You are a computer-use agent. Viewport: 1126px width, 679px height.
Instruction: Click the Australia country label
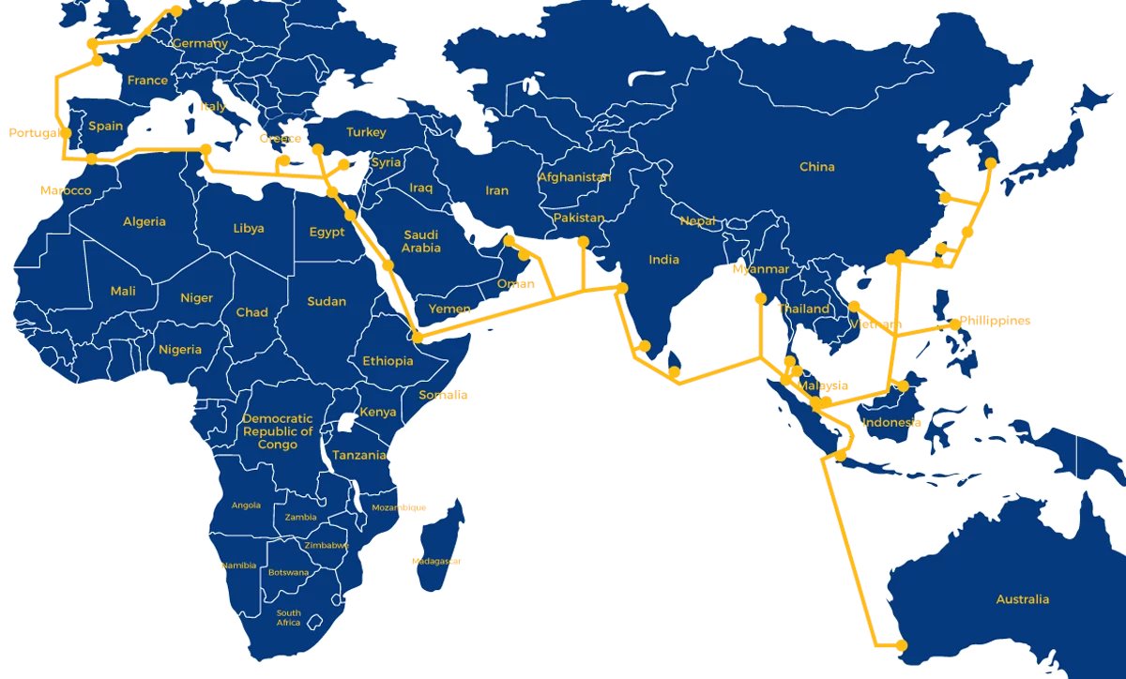click(1023, 599)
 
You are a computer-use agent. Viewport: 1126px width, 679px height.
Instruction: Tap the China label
click(816, 167)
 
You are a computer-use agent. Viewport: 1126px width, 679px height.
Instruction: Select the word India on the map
click(663, 260)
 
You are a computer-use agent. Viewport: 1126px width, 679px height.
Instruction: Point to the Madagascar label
click(437, 562)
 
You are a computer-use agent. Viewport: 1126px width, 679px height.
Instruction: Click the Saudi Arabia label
click(421, 242)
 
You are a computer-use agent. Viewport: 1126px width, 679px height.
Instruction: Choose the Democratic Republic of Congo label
click(278, 431)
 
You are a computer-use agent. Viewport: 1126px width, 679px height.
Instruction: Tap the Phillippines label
click(995, 321)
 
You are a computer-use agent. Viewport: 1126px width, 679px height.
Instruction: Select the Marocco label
click(66, 191)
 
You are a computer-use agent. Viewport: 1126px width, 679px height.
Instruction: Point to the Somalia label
click(443, 395)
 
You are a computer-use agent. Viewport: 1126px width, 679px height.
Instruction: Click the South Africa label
click(288, 618)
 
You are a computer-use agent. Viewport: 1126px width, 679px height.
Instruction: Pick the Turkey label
click(366, 132)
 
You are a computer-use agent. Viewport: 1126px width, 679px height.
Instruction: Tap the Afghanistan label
click(574, 177)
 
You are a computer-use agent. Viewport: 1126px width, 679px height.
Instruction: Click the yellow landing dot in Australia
click(902, 645)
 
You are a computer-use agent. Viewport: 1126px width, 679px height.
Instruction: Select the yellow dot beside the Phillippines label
click(954, 324)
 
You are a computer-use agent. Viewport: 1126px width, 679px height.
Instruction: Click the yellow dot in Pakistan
click(584, 243)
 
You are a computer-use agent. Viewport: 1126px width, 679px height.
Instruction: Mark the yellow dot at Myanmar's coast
click(760, 299)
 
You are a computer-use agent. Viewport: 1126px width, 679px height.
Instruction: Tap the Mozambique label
click(399, 507)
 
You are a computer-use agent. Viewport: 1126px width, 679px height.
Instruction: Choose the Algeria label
click(145, 222)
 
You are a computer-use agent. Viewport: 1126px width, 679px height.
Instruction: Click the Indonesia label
click(891, 422)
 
